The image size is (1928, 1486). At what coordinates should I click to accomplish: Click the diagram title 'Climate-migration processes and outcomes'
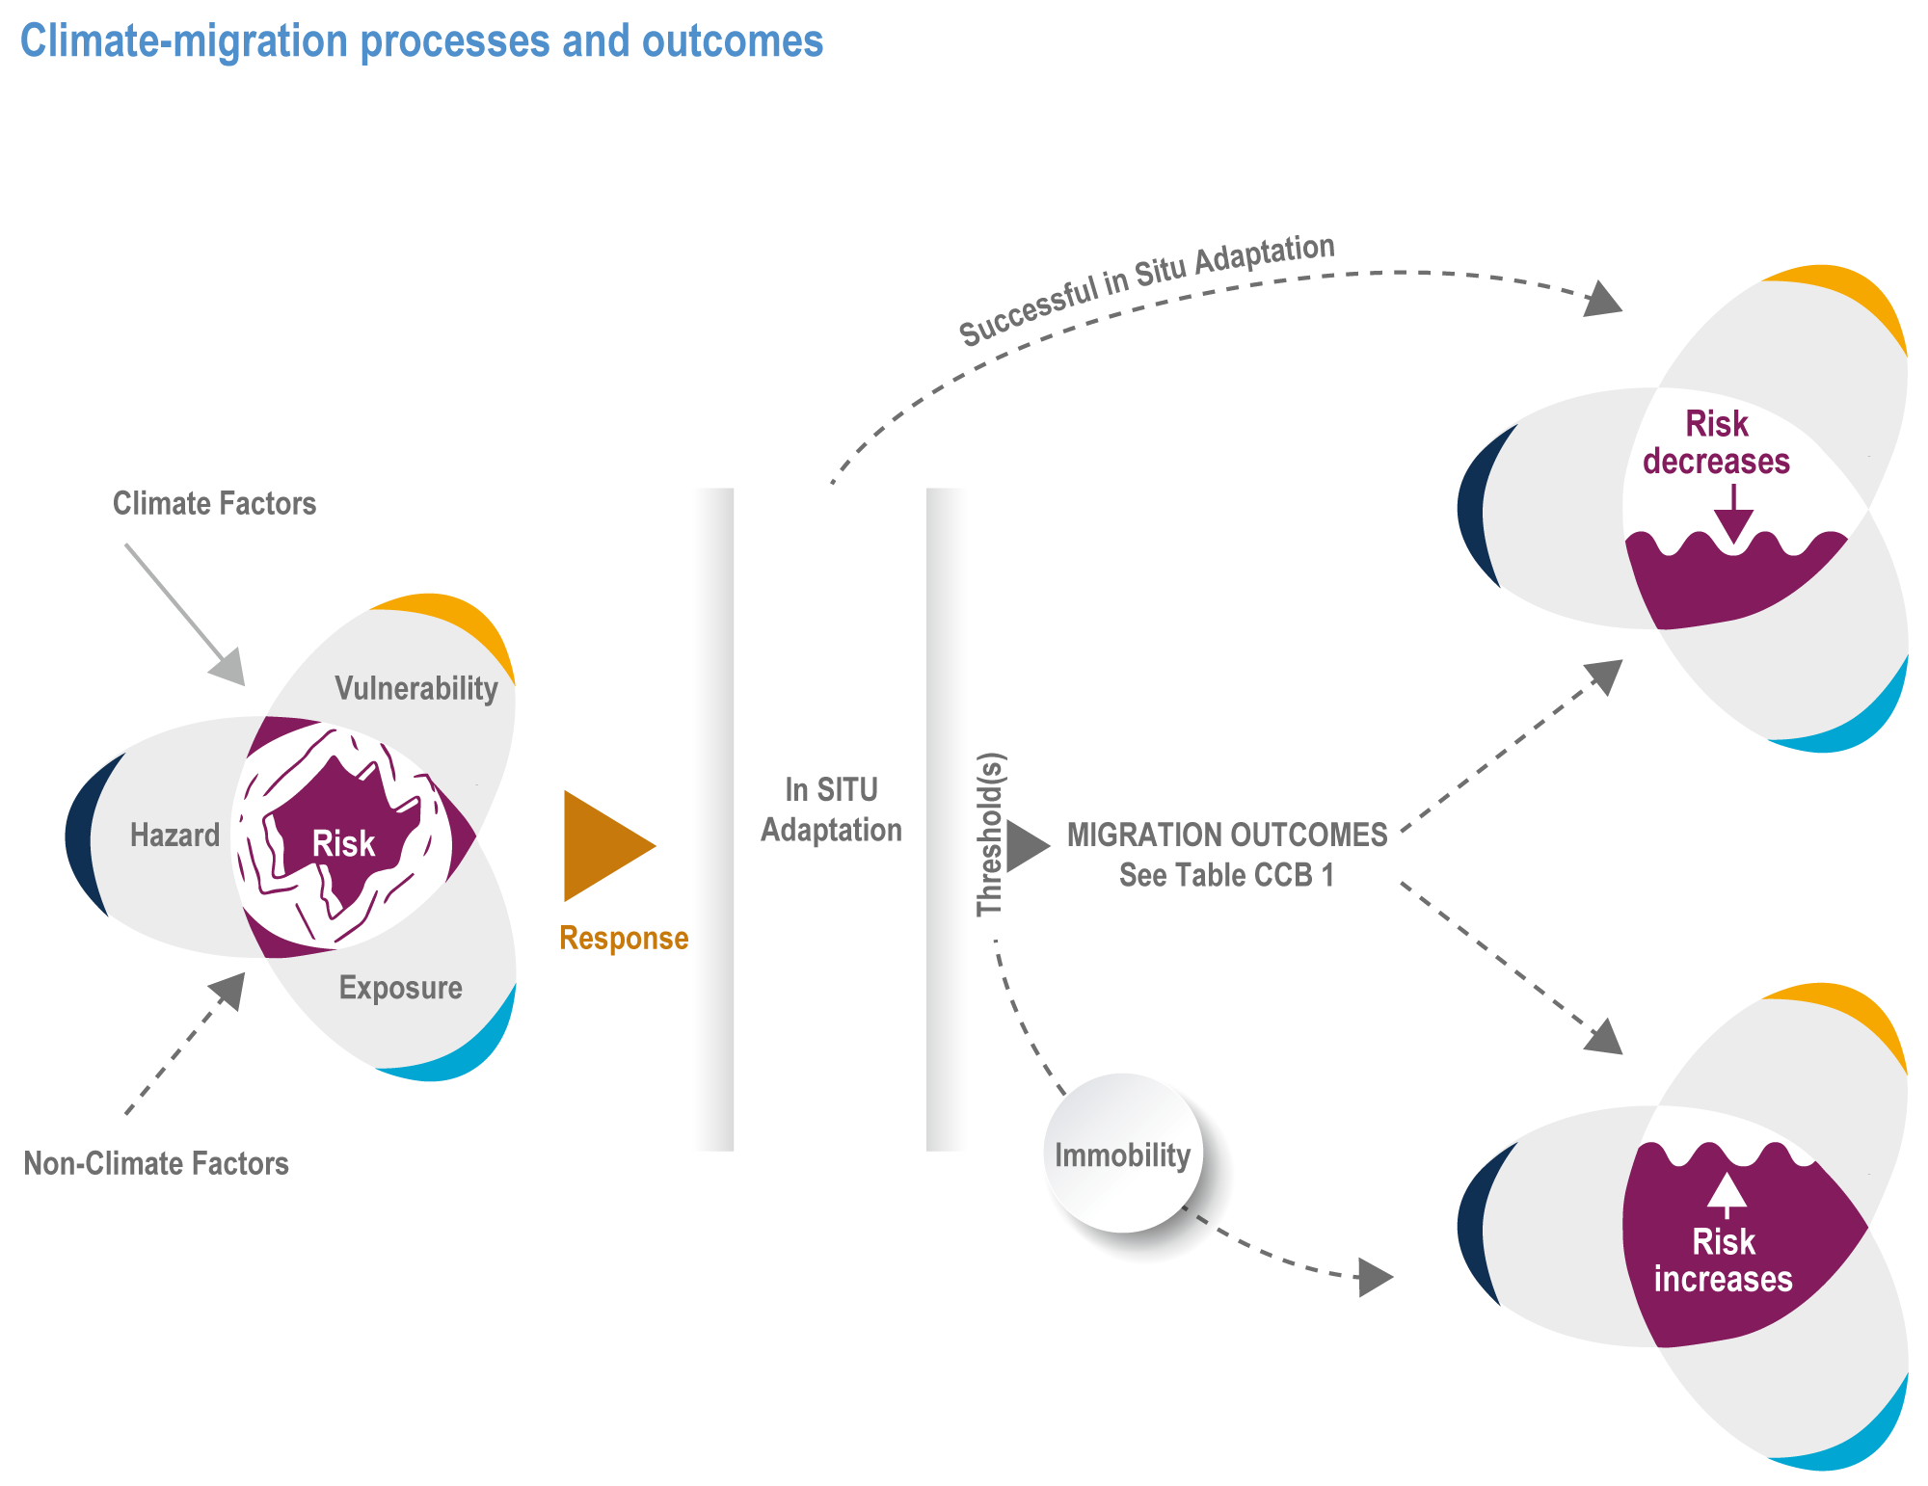coord(421,41)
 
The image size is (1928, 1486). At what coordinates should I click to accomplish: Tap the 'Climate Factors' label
coord(214,503)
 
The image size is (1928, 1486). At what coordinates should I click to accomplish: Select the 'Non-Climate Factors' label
coord(156,1163)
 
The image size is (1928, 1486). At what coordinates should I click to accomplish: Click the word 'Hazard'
coord(174,835)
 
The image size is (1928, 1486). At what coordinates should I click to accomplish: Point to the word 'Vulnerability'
coord(415,688)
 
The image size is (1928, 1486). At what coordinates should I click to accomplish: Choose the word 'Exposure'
coord(400,988)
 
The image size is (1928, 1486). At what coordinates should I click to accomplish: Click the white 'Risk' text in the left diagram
coord(343,844)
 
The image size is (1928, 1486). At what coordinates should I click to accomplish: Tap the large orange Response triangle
coord(602,846)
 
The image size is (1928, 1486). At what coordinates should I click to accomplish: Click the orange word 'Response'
coord(624,938)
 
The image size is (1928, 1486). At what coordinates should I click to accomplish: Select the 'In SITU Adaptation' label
coord(831,809)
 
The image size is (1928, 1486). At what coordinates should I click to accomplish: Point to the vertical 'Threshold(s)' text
coord(991,834)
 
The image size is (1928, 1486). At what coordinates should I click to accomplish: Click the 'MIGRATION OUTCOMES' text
coord(1226,835)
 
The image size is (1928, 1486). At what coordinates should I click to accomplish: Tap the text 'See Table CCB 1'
coord(1226,875)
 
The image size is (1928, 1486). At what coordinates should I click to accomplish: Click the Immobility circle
coord(1123,1154)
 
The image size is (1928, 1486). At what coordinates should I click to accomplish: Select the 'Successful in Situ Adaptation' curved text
coord(1146,289)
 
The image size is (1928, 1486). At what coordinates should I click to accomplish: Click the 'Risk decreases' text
coord(1716,442)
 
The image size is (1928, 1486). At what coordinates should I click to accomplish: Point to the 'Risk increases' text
coord(1723,1260)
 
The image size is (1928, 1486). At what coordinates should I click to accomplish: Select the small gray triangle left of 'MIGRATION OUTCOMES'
coord(1026,846)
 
